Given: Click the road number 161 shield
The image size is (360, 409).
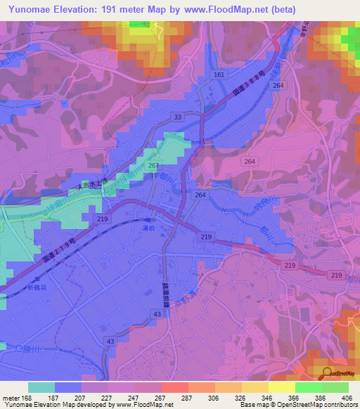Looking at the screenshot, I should (x=219, y=74).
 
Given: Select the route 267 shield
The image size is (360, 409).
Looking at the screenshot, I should (x=152, y=165).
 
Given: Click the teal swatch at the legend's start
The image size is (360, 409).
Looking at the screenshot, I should (x=41, y=387).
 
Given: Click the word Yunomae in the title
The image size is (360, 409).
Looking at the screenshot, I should (x=30, y=10).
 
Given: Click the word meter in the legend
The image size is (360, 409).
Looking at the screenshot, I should (x=11, y=398).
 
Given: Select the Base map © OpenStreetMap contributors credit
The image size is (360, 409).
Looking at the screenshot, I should (x=298, y=405).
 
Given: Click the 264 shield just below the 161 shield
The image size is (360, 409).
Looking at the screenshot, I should (x=278, y=85).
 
